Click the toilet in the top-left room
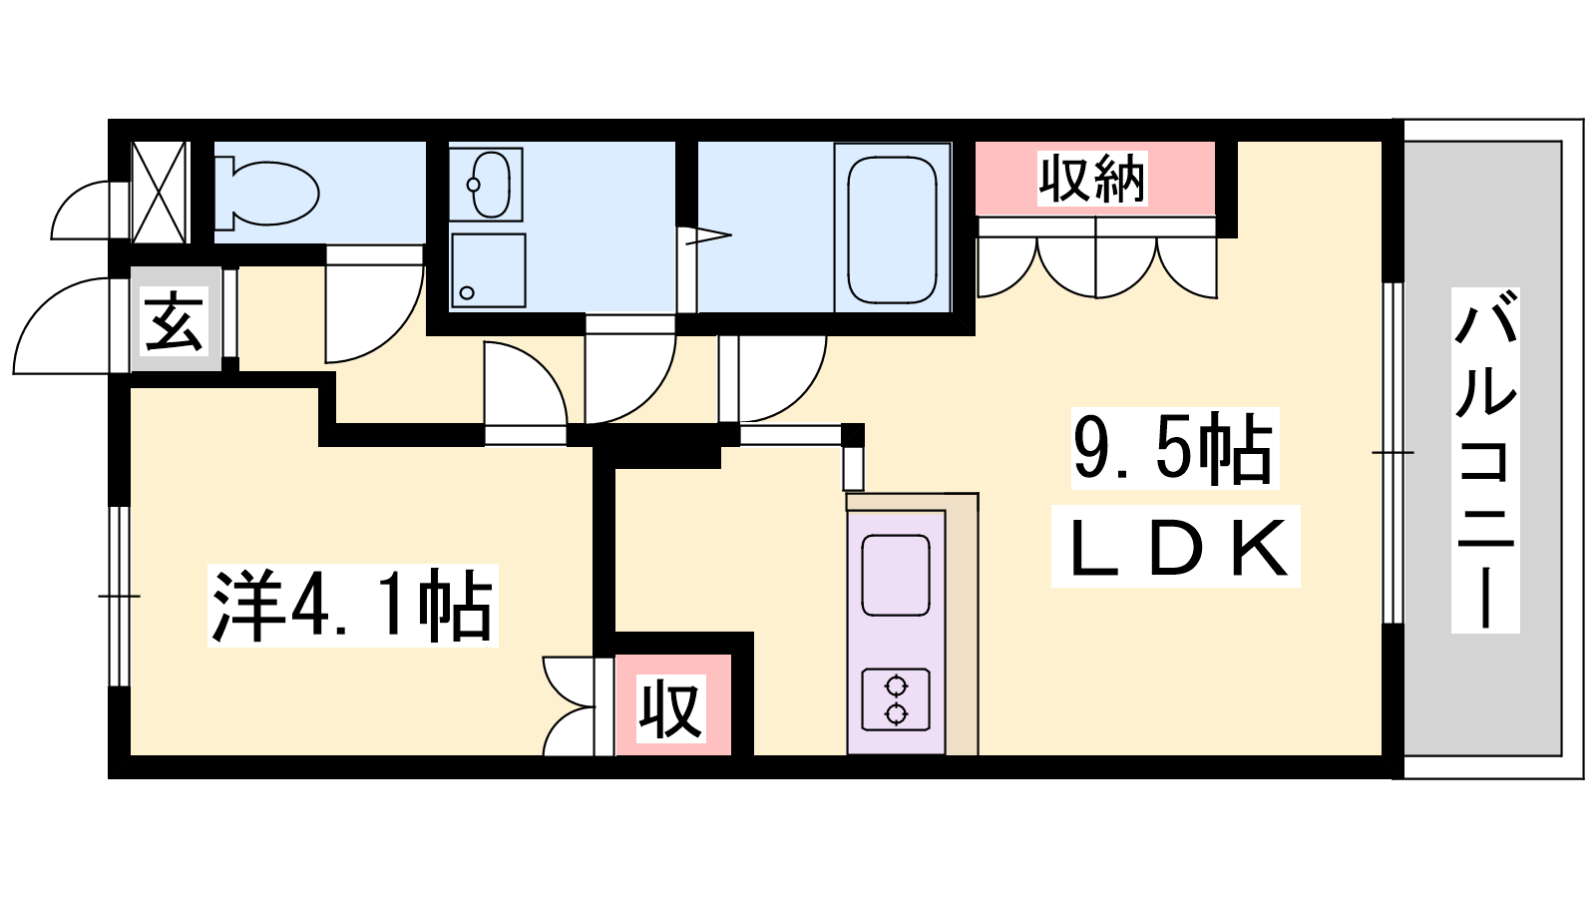click(266, 194)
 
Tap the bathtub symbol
click(892, 228)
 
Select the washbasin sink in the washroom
click(485, 184)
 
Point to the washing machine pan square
click(488, 270)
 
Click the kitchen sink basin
click(896, 575)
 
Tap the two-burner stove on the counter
click(896, 699)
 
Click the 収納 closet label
click(1092, 179)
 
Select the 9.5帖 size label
click(1174, 448)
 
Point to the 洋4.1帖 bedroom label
click(353, 606)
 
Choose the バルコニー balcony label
click(1485, 460)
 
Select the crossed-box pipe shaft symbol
click(160, 193)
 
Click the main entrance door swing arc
click(64, 324)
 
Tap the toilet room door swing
click(374, 305)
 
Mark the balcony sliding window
click(1393, 453)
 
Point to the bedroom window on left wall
click(119, 596)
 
